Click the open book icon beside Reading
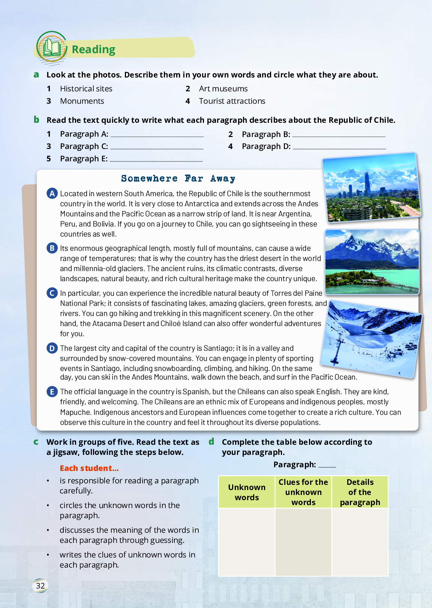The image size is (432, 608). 52,48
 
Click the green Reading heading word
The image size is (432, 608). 93,49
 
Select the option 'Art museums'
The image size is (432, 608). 223,89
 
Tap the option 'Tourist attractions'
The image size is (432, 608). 232,101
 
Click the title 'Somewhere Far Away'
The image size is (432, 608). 178,179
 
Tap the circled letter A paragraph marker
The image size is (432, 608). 52,194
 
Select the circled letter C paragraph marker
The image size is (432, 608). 52,293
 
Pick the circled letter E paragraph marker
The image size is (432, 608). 52,392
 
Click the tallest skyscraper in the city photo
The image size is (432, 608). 367,184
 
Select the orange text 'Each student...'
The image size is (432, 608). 89,468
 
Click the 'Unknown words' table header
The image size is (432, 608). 247,492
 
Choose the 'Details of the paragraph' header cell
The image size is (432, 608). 360,492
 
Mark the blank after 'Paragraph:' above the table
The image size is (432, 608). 327,465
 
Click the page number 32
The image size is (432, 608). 40,586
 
